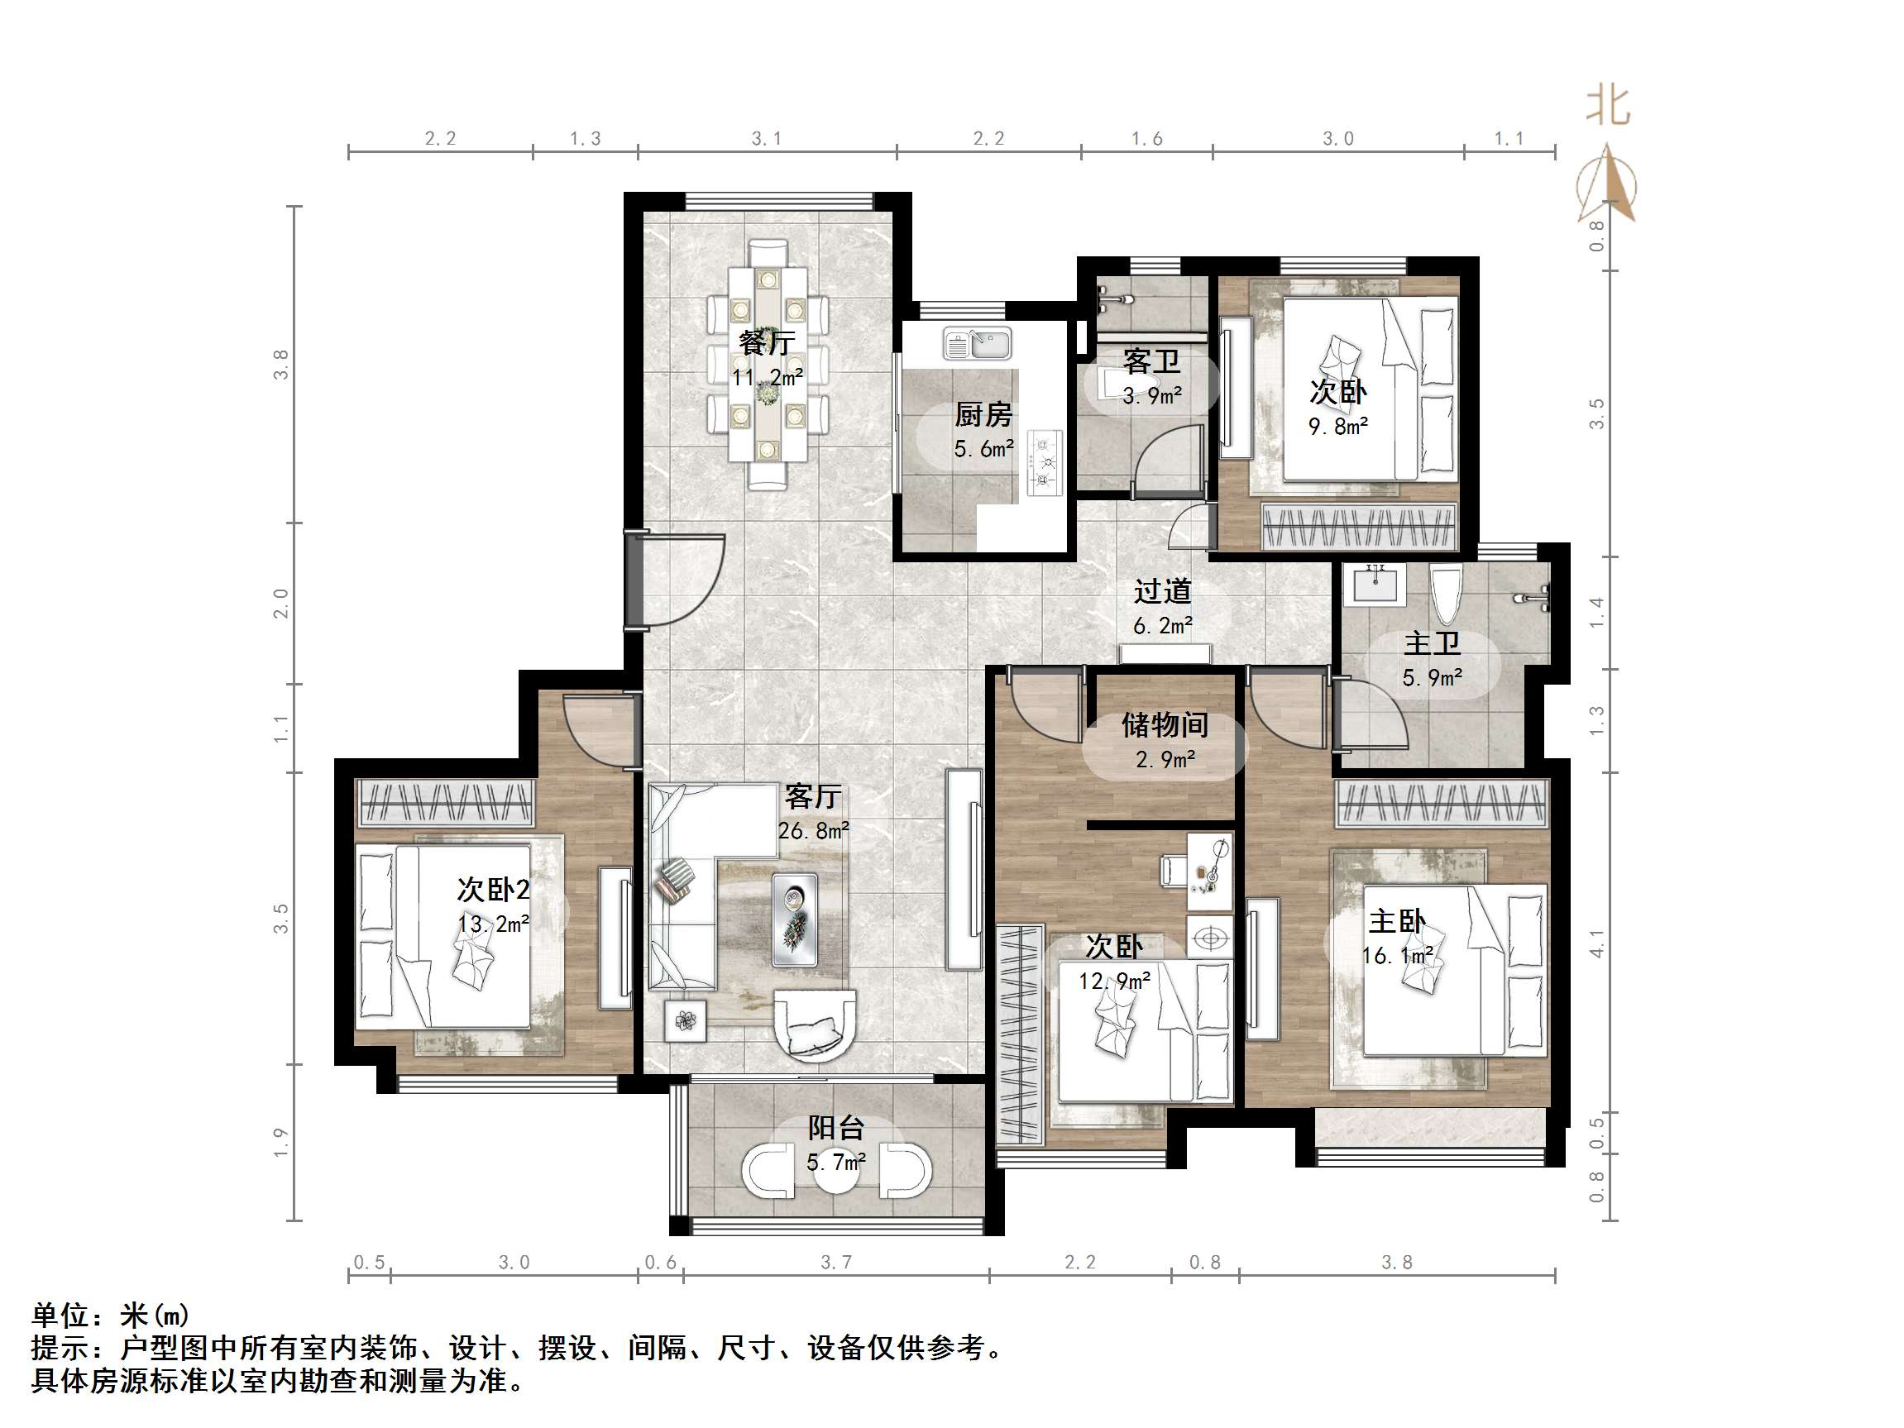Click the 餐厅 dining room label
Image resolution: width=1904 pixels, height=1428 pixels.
click(x=766, y=342)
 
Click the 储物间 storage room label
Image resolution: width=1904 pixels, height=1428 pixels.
click(x=1164, y=726)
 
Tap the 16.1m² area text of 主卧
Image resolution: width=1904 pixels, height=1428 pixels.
click(x=1397, y=955)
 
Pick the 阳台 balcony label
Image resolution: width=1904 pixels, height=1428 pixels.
click(x=835, y=1129)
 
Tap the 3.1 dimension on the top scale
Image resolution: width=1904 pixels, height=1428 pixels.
click(x=766, y=139)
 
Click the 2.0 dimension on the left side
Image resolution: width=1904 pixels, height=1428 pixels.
click(x=281, y=604)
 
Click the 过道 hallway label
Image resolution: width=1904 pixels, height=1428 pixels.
click(x=1162, y=591)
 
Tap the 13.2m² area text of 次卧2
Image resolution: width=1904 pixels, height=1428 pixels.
click(x=493, y=924)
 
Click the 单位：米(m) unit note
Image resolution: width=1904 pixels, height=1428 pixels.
click(x=111, y=1316)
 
